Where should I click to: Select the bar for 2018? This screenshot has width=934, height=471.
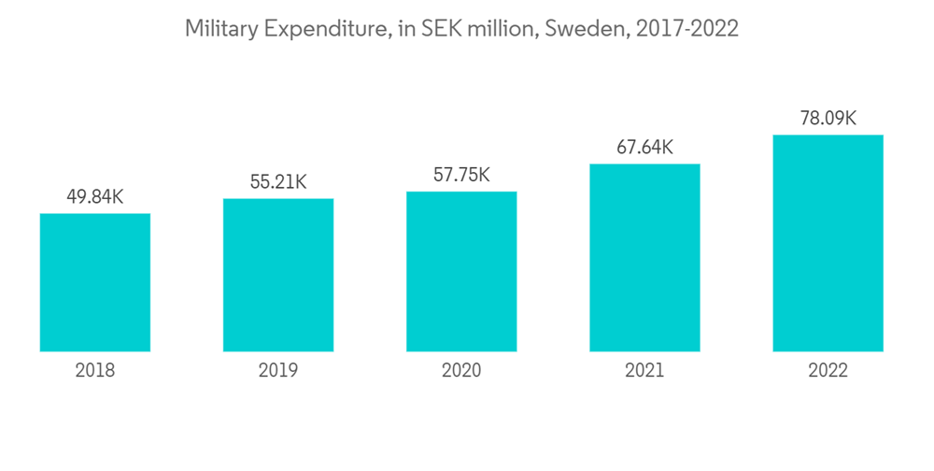click(x=95, y=282)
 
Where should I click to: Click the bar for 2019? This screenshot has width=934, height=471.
click(x=278, y=275)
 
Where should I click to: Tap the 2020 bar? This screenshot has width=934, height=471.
click(x=461, y=271)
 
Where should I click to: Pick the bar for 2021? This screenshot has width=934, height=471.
click(x=644, y=257)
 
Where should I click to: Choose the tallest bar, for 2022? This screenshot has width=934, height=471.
click(x=828, y=243)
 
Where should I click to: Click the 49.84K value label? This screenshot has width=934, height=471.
click(x=95, y=197)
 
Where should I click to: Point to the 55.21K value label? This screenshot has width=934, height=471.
click(x=278, y=182)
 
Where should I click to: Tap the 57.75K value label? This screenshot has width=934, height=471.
click(x=461, y=176)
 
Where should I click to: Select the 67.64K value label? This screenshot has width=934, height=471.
click(x=644, y=148)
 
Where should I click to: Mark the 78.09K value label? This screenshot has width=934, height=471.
click(x=828, y=119)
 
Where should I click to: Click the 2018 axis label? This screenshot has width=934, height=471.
click(x=95, y=371)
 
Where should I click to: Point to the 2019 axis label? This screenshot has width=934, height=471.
click(x=278, y=371)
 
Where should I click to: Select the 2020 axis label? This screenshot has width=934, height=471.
click(x=461, y=371)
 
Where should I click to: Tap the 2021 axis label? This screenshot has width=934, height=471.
click(x=644, y=371)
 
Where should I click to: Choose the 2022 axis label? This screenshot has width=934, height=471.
click(x=828, y=371)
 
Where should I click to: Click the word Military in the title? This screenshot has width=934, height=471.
click(x=221, y=30)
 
